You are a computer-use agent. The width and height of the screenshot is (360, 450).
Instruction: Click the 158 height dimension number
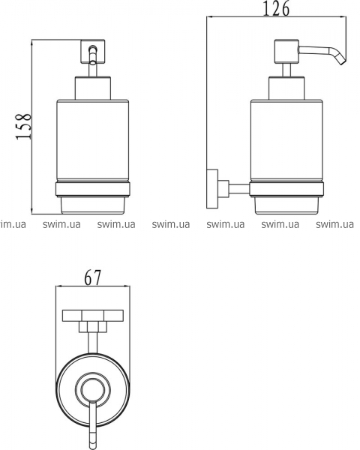[x=23, y=126]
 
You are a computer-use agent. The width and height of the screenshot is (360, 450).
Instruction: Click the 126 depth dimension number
[x=276, y=8]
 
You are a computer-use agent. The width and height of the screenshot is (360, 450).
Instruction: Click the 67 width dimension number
[x=93, y=277]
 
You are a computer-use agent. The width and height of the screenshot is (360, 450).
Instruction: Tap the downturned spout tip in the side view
[x=343, y=61]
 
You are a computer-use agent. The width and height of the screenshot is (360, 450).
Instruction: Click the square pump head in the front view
[x=92, y=51]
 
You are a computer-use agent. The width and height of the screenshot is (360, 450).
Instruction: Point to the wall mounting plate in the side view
[x=211, y=188]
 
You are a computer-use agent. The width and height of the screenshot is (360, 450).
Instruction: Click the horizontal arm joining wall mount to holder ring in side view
[x=239, y=188]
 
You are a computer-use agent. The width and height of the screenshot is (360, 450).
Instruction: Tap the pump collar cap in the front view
[x=93, y=88]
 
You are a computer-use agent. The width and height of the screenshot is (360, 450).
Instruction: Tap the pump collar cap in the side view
[x=286, y=88]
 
